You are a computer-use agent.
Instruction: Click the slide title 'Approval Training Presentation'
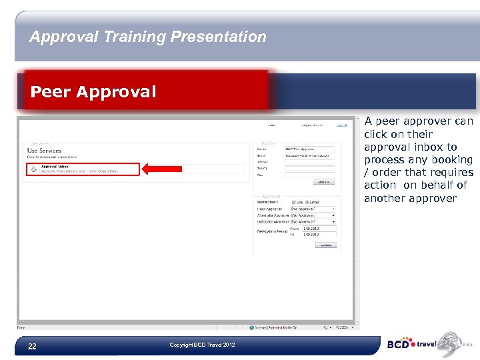coord(147,37)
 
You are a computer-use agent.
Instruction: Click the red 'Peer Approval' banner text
coord(93,92)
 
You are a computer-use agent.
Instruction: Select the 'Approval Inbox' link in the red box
coord(55,166)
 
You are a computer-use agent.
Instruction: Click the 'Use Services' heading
coord(44,151)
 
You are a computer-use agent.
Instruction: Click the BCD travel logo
coord(421,344)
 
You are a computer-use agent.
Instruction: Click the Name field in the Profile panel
coord(309,149)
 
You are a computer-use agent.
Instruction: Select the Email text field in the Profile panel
coord(309,155)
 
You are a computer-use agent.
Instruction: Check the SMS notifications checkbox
coord(293,202)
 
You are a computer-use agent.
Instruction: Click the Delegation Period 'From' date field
coord(319,229)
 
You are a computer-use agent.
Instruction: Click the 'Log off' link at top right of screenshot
coord(341,125)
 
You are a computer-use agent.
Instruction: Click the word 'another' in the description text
coord(384,198)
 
